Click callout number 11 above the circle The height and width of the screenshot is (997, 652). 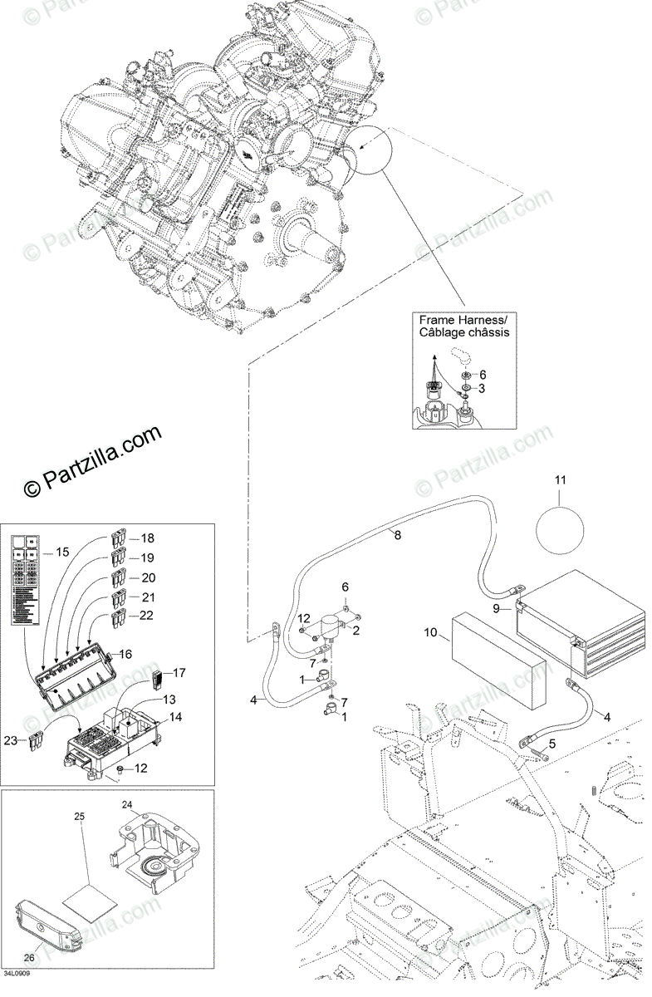click(560, 480)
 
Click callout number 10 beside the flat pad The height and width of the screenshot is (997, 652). click(430, 632)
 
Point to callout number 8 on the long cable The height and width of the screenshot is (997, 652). click(397, 536)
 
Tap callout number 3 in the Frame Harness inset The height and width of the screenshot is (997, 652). click(482, 389)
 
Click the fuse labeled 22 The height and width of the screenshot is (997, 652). click(119, 617)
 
